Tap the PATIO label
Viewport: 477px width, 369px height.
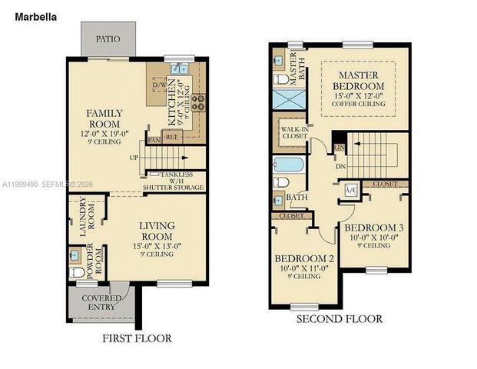[108, 38]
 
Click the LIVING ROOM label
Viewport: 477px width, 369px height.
[157, 230]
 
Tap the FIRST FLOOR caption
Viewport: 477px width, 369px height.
[137, 338]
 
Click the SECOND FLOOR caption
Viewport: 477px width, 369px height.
[339, 317]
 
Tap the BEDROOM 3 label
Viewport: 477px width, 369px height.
[374, 228]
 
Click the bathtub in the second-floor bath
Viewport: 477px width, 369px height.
[289, 164]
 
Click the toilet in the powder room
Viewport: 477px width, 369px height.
[78, 272]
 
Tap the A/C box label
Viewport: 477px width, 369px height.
[351, 190]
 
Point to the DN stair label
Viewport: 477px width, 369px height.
[340, 166]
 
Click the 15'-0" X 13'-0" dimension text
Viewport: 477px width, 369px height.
[157, 246]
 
